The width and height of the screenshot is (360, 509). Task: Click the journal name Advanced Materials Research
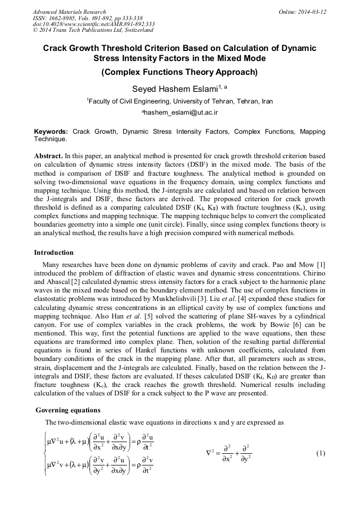coord(69,12)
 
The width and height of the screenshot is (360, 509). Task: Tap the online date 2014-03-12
coord(310,12)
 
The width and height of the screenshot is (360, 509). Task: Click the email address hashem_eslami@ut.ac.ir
coord(181,113)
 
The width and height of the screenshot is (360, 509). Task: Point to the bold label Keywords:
coord(51,131)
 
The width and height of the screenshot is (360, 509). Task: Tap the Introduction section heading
coord(54,252)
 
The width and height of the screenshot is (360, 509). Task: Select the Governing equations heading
coord(67,410)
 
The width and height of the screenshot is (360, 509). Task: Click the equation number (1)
coord(320,453)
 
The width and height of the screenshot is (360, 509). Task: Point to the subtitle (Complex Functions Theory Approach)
coord(179,72)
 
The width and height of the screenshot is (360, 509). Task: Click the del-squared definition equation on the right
coord(228,453)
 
